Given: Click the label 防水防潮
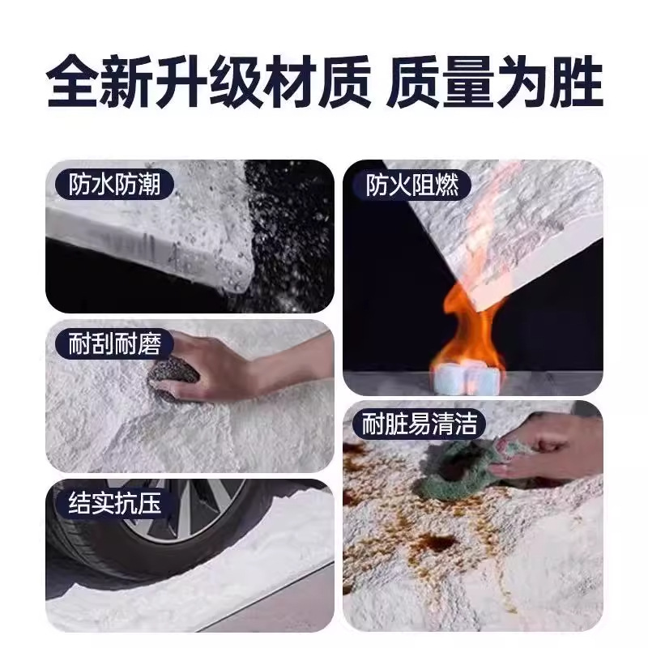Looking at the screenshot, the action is tap(114, 185).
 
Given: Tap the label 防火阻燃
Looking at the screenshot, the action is tap(412, 185).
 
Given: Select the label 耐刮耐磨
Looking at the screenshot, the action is tap(114, 343).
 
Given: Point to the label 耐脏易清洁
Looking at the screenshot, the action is tap(419, 423).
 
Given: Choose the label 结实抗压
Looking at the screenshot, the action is tap(114, 503).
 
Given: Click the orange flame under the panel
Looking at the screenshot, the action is tap(467, 326).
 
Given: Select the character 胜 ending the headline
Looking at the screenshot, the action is tap(578, 81).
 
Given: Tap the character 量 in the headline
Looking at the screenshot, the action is tap(468, 81).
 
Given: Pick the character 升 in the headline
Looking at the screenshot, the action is tap(181, 81).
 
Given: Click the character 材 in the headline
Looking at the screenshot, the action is tap(289, 81).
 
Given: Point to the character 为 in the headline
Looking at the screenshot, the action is tap(523, 81).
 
